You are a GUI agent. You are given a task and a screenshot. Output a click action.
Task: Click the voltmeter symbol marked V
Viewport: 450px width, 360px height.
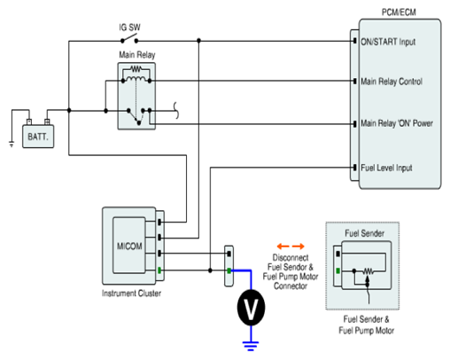(x=251, y=308)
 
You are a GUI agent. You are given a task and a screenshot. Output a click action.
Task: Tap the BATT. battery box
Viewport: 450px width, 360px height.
(x=38, y=137)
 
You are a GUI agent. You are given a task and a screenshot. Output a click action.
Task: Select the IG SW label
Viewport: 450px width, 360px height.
(x=129, y=27)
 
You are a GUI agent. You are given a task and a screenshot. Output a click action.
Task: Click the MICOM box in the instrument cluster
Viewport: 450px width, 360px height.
(x=129, y=246)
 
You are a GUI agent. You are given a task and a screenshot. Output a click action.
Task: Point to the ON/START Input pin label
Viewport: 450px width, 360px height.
(x=388, y=42)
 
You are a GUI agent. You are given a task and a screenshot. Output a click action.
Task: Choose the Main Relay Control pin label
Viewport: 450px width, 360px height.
(x=392, y=82)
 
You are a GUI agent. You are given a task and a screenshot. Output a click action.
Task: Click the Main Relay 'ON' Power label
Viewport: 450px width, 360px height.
(x=397, y=123)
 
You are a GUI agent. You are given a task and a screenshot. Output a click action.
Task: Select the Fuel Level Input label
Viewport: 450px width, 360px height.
(x=386, y=168)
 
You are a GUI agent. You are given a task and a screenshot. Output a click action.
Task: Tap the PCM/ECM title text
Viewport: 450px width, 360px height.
(x=399, y=12)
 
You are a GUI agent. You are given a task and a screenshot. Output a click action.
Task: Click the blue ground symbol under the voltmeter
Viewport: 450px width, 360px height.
(x=251, y=346)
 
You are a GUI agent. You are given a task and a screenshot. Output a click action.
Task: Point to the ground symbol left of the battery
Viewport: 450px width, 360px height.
(x=12, y=145)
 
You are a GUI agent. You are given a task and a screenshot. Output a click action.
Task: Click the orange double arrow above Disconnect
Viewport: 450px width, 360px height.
(x=291, y=247)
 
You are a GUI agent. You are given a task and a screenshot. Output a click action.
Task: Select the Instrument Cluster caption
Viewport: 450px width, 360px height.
(x=131, y=293)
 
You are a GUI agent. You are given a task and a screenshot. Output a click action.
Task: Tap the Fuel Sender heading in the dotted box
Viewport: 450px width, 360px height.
(x=365, y=233)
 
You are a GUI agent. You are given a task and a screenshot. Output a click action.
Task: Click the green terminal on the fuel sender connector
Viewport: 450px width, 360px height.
(x=338, y=270)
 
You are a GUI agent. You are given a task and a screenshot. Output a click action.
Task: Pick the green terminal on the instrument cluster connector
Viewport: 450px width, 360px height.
(x=159, y=270)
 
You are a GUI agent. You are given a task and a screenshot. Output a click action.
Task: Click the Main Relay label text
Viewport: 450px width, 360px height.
(x=137, y=55)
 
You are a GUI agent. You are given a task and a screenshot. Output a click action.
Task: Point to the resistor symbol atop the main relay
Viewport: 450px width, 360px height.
(x=136, y=69)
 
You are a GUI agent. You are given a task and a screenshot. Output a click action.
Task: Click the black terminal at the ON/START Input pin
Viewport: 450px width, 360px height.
(x=354, y=41)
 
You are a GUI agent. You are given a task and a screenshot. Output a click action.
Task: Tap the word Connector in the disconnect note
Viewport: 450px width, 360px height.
(x=291, y=286)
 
